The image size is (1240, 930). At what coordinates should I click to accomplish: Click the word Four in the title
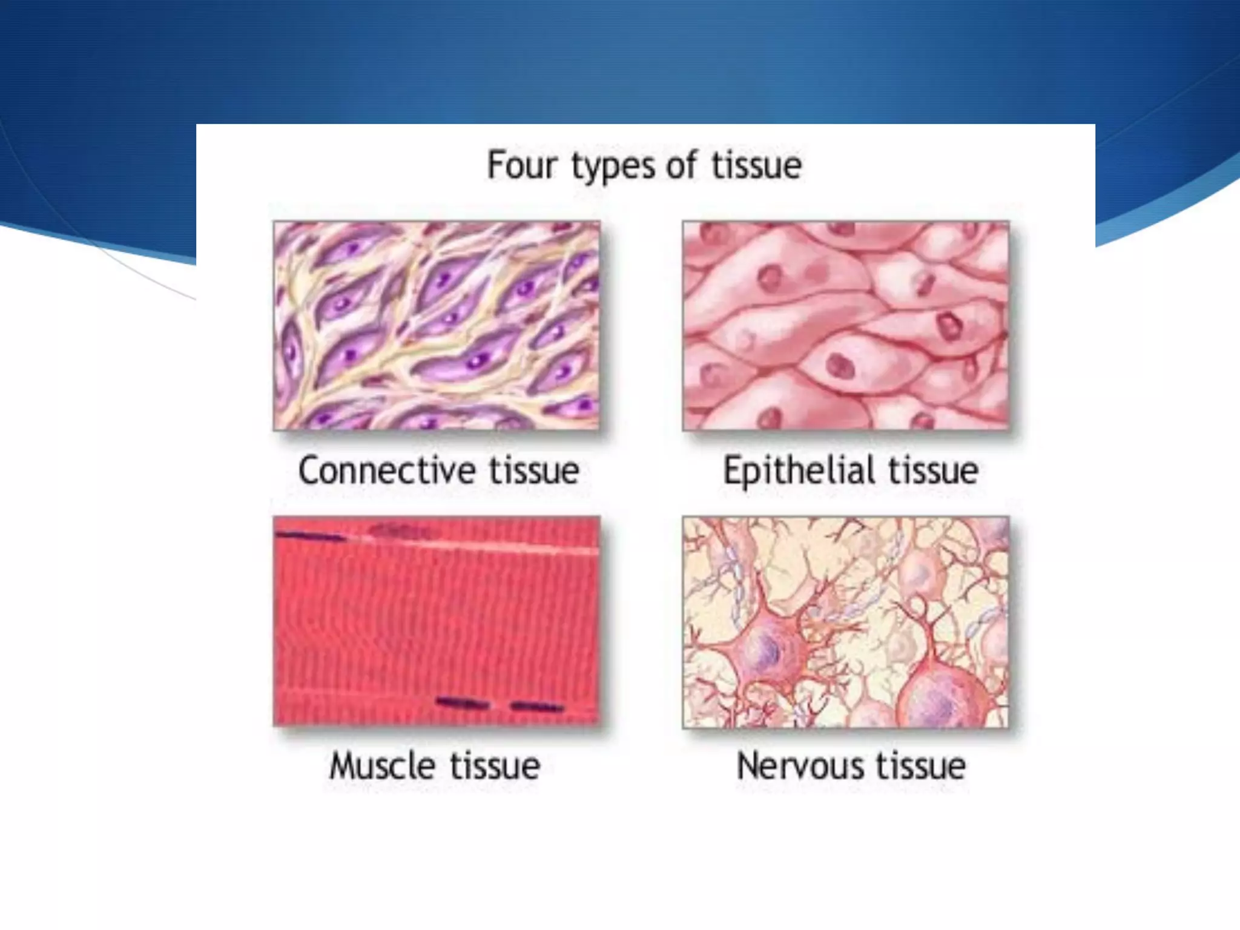(x=521, y=165)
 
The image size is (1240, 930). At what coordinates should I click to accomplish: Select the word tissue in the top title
(x=756, y=165)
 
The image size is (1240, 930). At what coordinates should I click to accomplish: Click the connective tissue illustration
(x=437, y=326)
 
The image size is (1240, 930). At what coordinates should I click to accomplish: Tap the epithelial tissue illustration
(x=846, y=326)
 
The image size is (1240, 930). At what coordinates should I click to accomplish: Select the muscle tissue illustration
(x=437, y=621)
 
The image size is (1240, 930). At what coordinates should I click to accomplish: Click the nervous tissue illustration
(x=846, y=622)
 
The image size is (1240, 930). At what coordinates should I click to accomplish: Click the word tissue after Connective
(x=534, y=471)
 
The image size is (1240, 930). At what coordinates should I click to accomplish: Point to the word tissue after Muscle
(x=495, y=766)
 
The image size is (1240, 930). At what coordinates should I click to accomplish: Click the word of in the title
(x=681, y=165)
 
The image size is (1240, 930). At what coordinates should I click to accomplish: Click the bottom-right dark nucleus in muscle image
(x=537, y=707)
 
